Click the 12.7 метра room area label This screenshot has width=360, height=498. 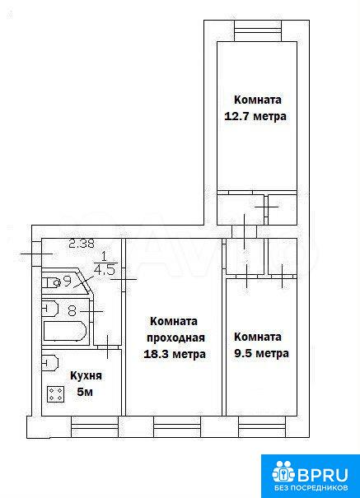coord(255,116)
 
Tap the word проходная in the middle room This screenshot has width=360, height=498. coord(175,338)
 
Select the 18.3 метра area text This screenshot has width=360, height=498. coord(175,354)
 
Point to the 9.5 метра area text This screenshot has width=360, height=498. coord(261,353)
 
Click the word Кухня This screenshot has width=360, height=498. coord(86,376)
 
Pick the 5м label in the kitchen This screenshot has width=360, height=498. coord(85,393)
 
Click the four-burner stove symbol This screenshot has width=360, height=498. coord(55,394)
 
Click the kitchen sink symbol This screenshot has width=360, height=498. coord(50,362)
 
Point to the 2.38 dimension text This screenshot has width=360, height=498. coord(82,244)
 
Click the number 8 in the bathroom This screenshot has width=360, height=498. coord(72,310)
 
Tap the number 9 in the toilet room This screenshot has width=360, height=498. coord(67,281)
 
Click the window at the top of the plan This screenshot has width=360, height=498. coord(258,30)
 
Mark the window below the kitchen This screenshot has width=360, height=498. coord(95,427)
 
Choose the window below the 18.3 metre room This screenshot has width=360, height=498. coord(177,427)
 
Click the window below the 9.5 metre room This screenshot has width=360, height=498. coord(262,427)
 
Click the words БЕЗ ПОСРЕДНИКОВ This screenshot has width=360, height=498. coord(311,488)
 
